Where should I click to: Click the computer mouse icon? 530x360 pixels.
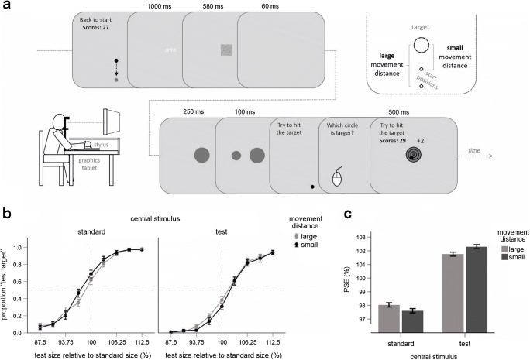coord(337,179)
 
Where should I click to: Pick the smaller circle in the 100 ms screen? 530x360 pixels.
coord(236,156)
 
